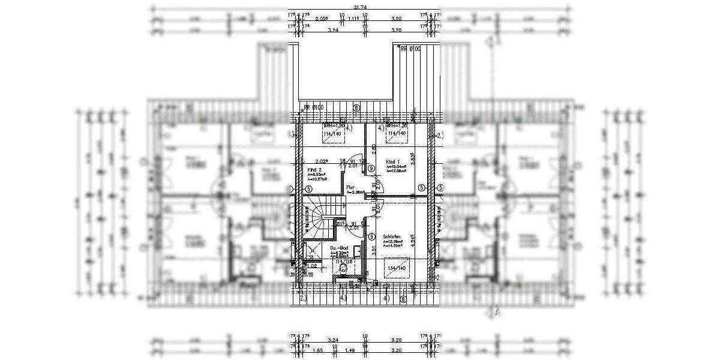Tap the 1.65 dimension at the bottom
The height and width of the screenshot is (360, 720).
[317, 349]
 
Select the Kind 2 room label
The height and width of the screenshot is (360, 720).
[315, 170]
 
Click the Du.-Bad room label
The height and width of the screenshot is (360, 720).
[339, 247]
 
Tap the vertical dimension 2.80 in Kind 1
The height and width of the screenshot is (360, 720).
[374, 149]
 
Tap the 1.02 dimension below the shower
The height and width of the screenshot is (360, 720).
[312, 266]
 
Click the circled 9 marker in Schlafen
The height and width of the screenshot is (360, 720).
[371, 236]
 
